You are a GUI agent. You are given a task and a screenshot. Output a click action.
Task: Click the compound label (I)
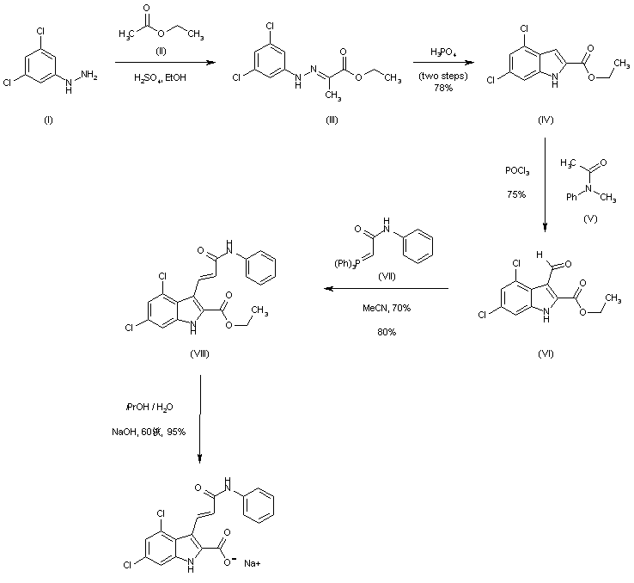(x=46, y=119)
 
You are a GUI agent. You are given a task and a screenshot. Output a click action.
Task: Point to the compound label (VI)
(x=546, y=354)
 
